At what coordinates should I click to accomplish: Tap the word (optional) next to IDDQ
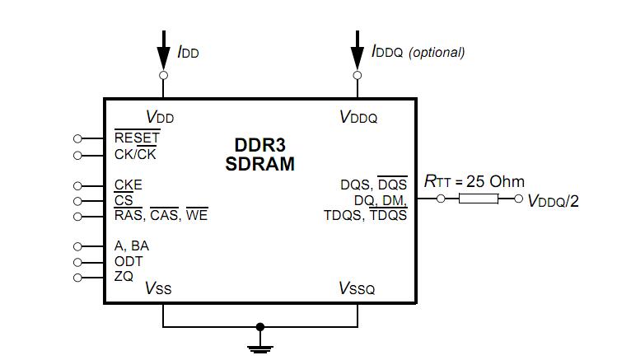click(437, 52)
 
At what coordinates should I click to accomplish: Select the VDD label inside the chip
click(159, 118)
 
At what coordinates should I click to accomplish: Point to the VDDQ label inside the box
click(358, 118)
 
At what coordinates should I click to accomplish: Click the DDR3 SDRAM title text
click(259, 154)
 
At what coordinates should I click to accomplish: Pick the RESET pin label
click(137, 138)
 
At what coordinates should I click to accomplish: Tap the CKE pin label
click(128, 185)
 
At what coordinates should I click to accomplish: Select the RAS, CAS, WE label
click(161, 216)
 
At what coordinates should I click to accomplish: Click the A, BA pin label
click(132, 246)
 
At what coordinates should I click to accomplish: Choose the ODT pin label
click(129, 262)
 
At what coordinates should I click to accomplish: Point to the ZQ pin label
click(124, 277)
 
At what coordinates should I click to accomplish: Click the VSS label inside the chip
click(158, 288)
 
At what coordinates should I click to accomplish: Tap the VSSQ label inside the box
click(357, 288)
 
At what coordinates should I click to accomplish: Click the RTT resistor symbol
click(478, 199)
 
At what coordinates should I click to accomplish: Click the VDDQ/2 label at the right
click(553, 200)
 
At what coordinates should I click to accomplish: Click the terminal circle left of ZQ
click(77, 278)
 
